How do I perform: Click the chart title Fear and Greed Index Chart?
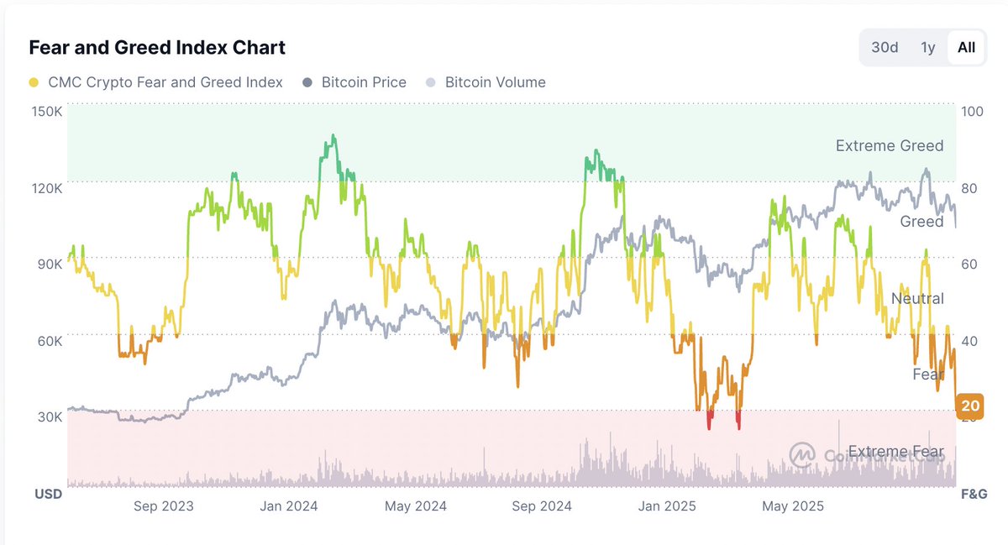point(157,48)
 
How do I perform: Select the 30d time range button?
point(885,47)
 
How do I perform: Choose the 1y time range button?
point(927,47)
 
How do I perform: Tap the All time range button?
point(966,47)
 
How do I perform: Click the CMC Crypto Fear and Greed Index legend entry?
point(155,82)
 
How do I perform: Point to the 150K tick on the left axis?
point(47,112)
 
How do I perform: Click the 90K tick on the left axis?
point(50,264)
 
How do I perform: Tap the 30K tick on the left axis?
point(50,417)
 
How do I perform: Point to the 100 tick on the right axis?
point(972,112)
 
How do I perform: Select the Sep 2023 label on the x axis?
point(163,506)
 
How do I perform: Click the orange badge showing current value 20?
point(970,406)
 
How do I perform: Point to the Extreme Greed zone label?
point(889,146)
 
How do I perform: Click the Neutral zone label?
point(916,299)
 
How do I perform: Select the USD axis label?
point(48,495)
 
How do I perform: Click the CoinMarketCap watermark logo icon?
point(802,454)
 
